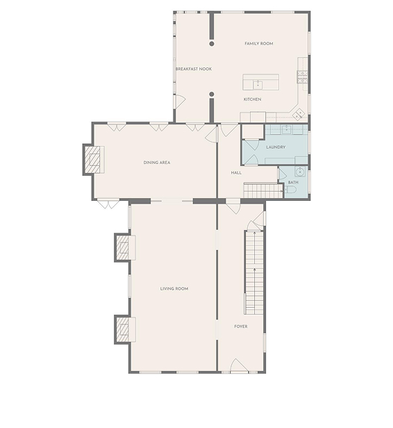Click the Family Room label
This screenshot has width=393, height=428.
tap(258, 44)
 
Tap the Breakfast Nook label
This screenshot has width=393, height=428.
tap(193, 69)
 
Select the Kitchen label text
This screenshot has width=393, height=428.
tap(252, 99)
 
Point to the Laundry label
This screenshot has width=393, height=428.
tap(276, 147)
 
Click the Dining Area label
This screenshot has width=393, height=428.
tap(157, 163)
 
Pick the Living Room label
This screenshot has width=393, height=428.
tap(174, 289)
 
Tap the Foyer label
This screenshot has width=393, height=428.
tap(241, 327)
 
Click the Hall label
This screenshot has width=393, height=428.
tap(236, 173)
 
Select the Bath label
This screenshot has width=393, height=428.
tap(293, 182)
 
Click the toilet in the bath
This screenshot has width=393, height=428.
tap(291, 190)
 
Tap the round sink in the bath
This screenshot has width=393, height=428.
tap(300, 172)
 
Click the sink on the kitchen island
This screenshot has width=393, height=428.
tap(258, 85)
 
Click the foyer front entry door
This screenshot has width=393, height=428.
tap(239, 365)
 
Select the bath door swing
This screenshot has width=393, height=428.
tap(282, 174)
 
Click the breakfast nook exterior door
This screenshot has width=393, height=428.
tap(180, 101)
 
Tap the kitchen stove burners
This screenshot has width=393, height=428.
tap(302, 77)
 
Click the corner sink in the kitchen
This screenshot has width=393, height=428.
tap(299, 113)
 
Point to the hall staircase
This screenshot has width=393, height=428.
tap(263, 190)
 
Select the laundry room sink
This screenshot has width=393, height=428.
tap(286, 129)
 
